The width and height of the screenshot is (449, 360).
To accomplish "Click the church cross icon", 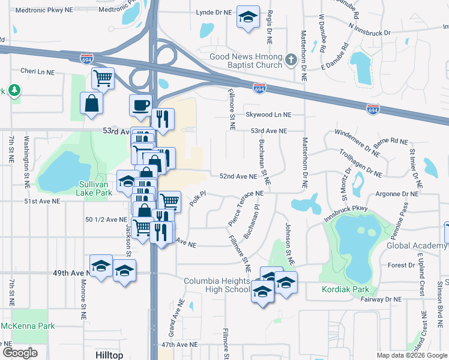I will tap(291, 59).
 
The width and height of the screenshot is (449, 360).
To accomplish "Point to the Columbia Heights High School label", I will tap(216, 286).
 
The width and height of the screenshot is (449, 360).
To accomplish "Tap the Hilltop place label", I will tap(109, 355).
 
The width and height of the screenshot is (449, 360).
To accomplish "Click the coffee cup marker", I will tap(140, 106).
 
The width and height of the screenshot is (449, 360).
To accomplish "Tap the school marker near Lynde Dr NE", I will tap(246, 17).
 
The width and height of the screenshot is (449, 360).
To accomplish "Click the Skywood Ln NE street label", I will tap(268, 115).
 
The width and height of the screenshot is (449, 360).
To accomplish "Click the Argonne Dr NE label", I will tap(397, 194).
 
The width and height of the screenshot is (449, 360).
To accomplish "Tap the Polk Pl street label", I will tap(197, 199).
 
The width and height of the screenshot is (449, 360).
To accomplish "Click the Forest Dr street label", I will tap(397, 265).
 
